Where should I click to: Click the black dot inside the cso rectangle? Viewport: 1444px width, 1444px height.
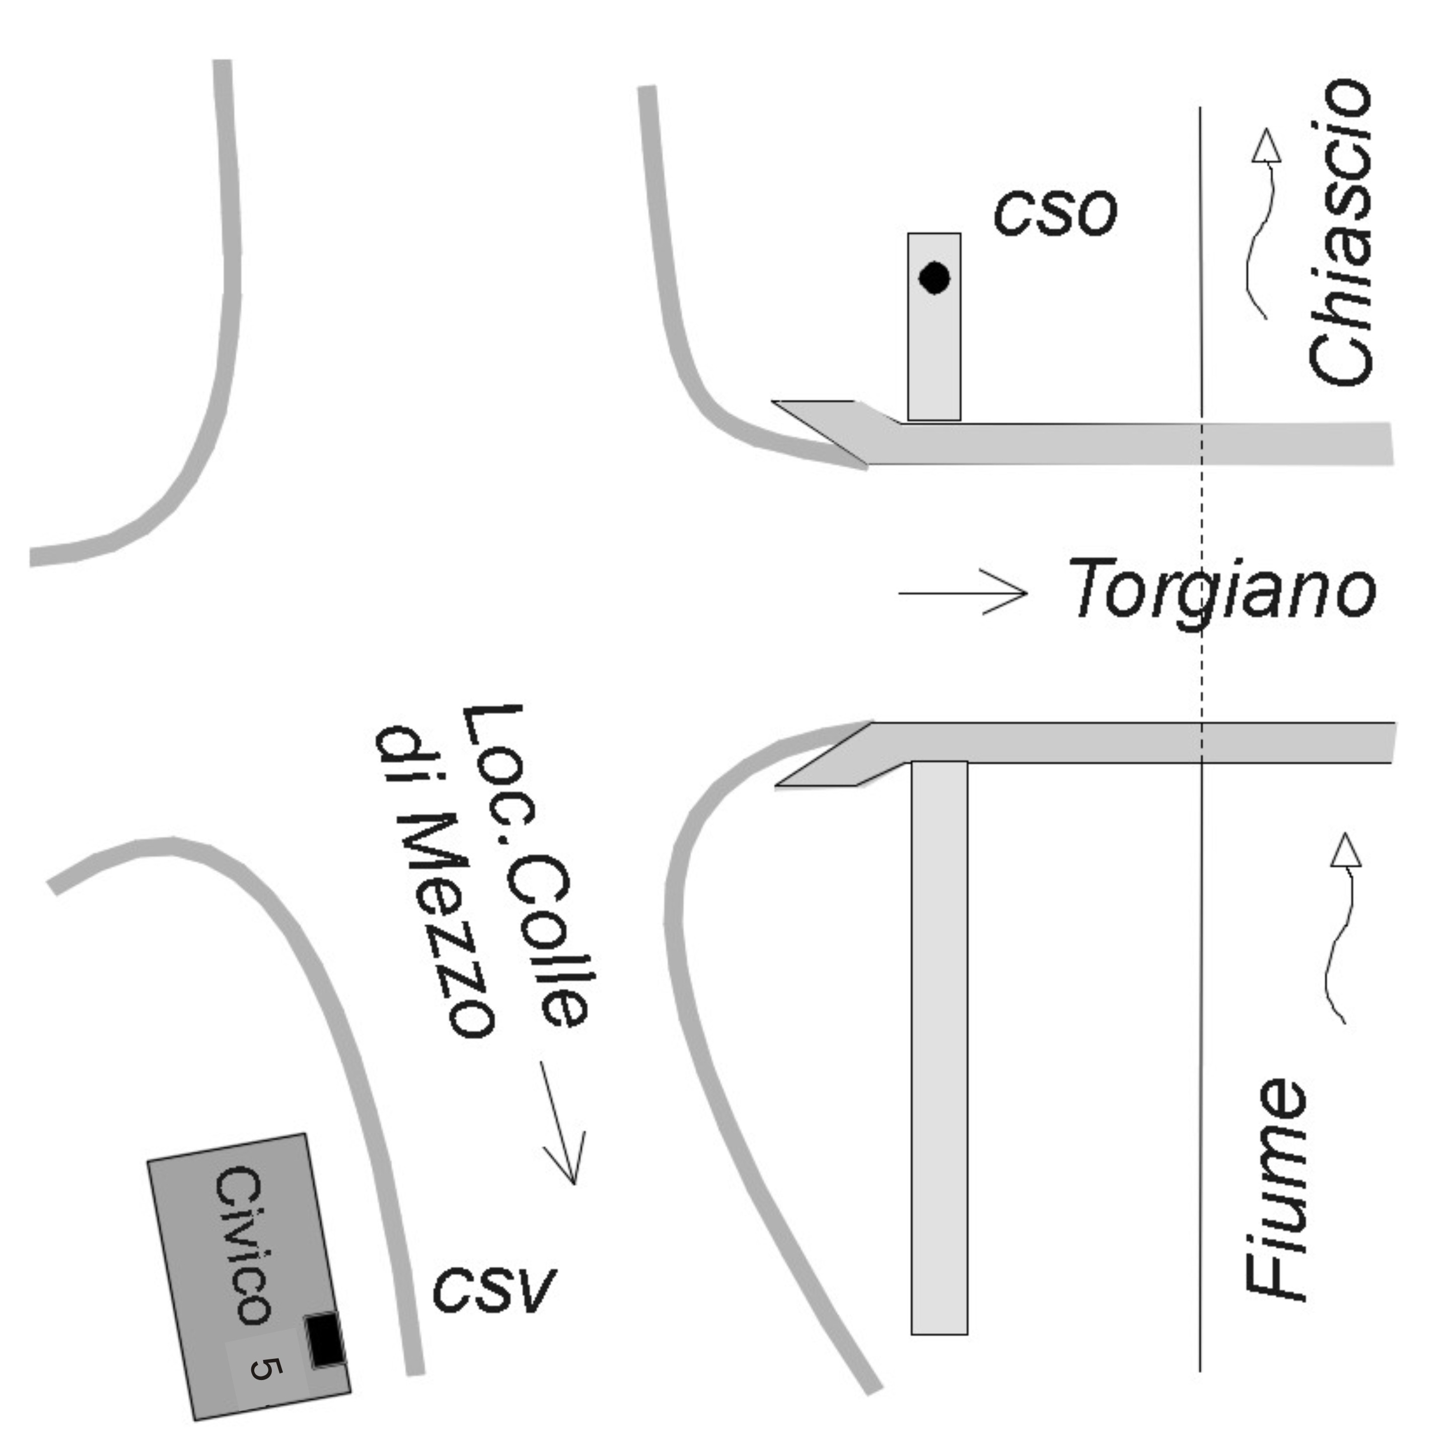934,278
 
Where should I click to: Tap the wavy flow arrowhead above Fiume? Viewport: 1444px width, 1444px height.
1345,852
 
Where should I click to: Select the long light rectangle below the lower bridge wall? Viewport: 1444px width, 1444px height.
940,1046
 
